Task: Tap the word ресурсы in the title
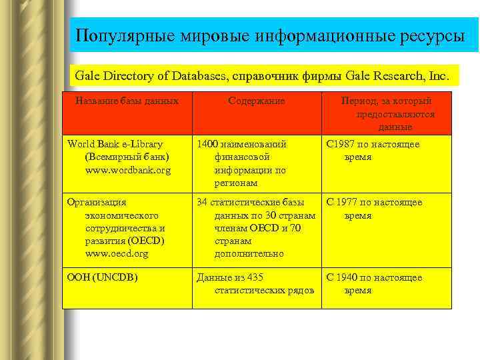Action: [x=433, y=35]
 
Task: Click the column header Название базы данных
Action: [x=127, y=101]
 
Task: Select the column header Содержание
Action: [x=256, y=101]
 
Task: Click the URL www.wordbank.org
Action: [x=127, y=170]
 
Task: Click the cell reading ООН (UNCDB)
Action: [x=102, y=277]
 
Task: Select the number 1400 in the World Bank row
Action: [x=207, y=144]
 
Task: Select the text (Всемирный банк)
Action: [x=127, y=157]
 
